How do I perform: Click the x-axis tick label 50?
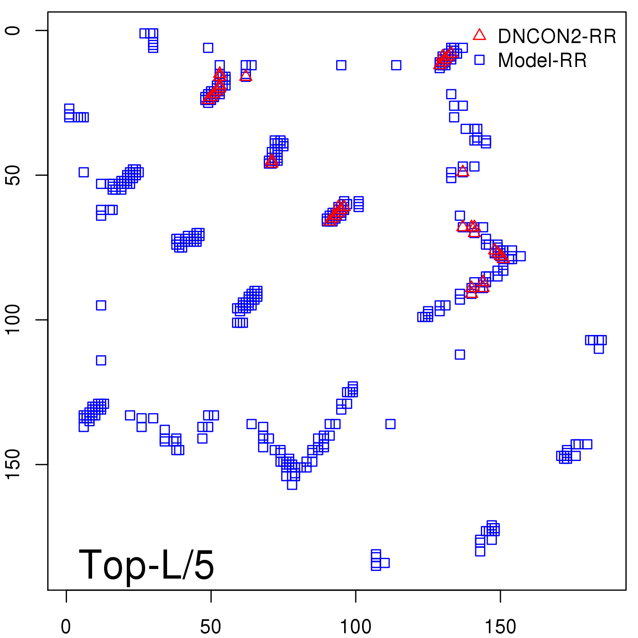click(x=211, y=627)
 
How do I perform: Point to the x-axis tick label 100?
click(x=355, y=627)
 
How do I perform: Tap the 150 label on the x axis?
click(x=500, y=627)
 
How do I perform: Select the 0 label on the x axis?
click(x=66, y=627)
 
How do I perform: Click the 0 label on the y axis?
click(x=13, y=31)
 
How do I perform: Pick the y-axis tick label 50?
click(x=13, y=175)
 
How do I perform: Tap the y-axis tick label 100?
click(x=13, y=320)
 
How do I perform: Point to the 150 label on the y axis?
click(x=13, y=465)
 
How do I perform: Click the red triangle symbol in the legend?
click(x=479, y=35)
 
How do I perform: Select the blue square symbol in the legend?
click(x=479, y=60)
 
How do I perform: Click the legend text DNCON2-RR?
click(x=557, y=37)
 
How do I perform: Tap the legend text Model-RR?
click(x=542, y=61)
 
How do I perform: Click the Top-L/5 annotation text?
click(x=146, y=565)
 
